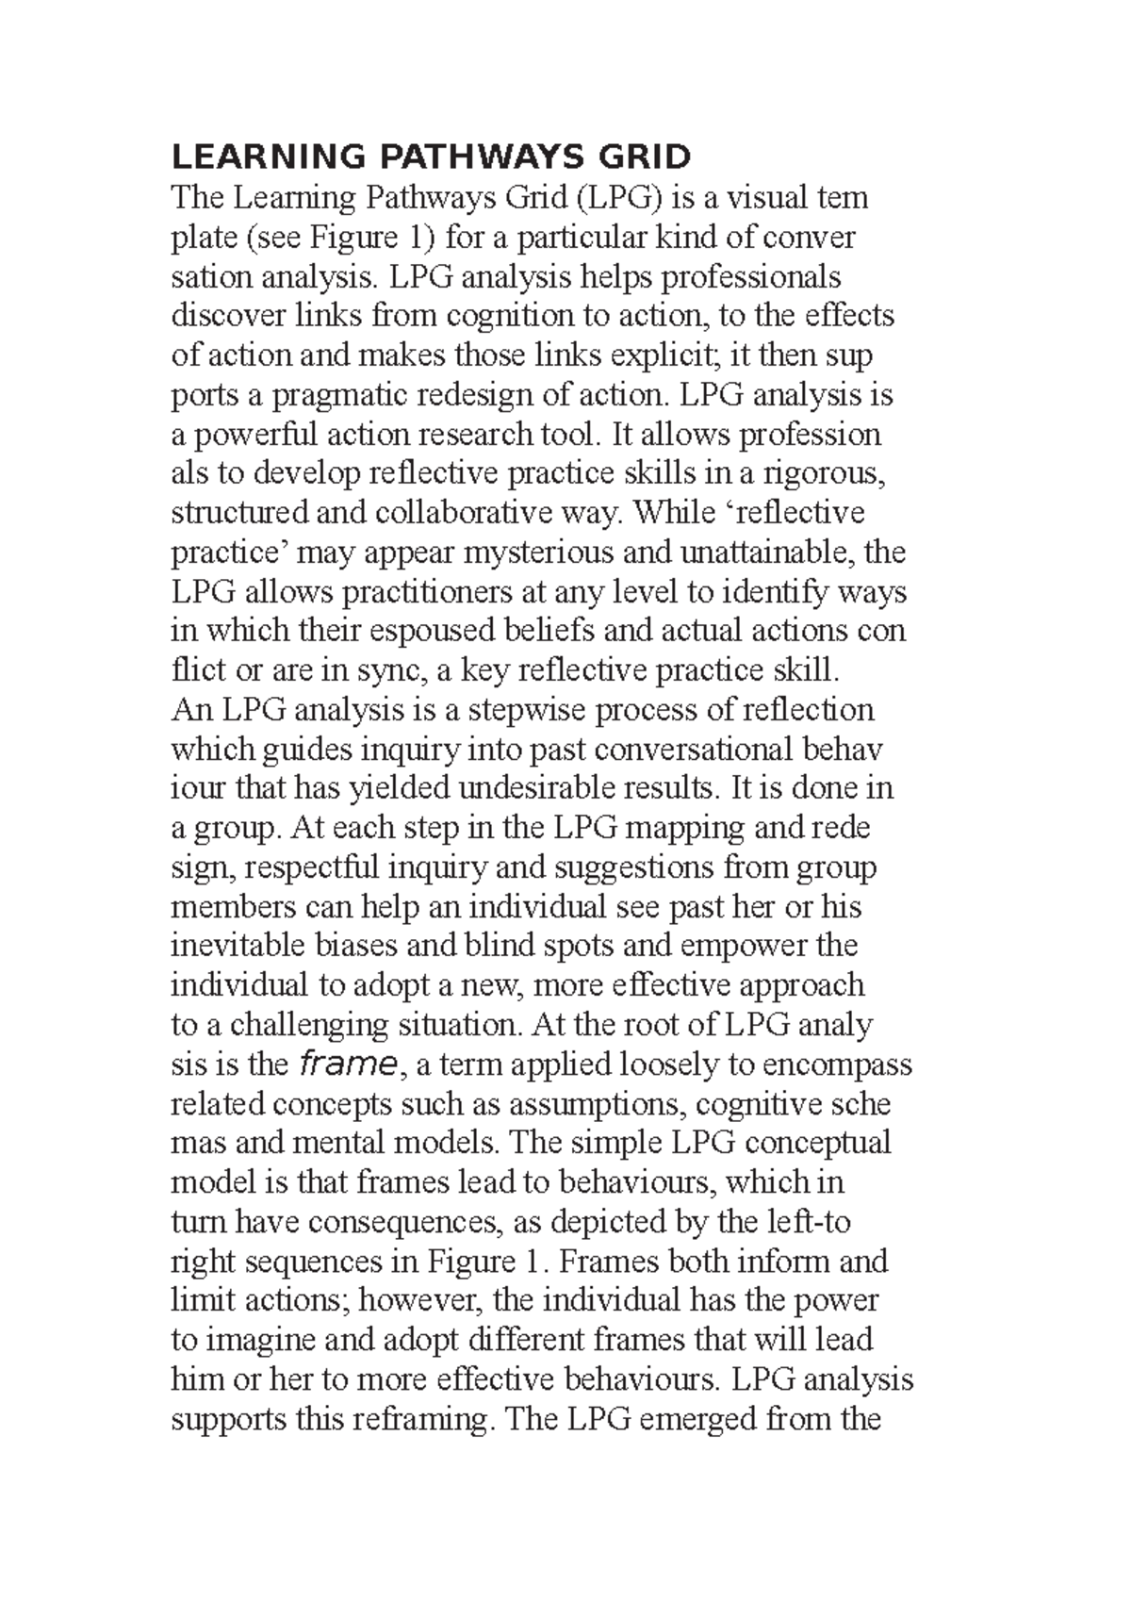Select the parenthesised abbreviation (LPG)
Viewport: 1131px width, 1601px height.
618,199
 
